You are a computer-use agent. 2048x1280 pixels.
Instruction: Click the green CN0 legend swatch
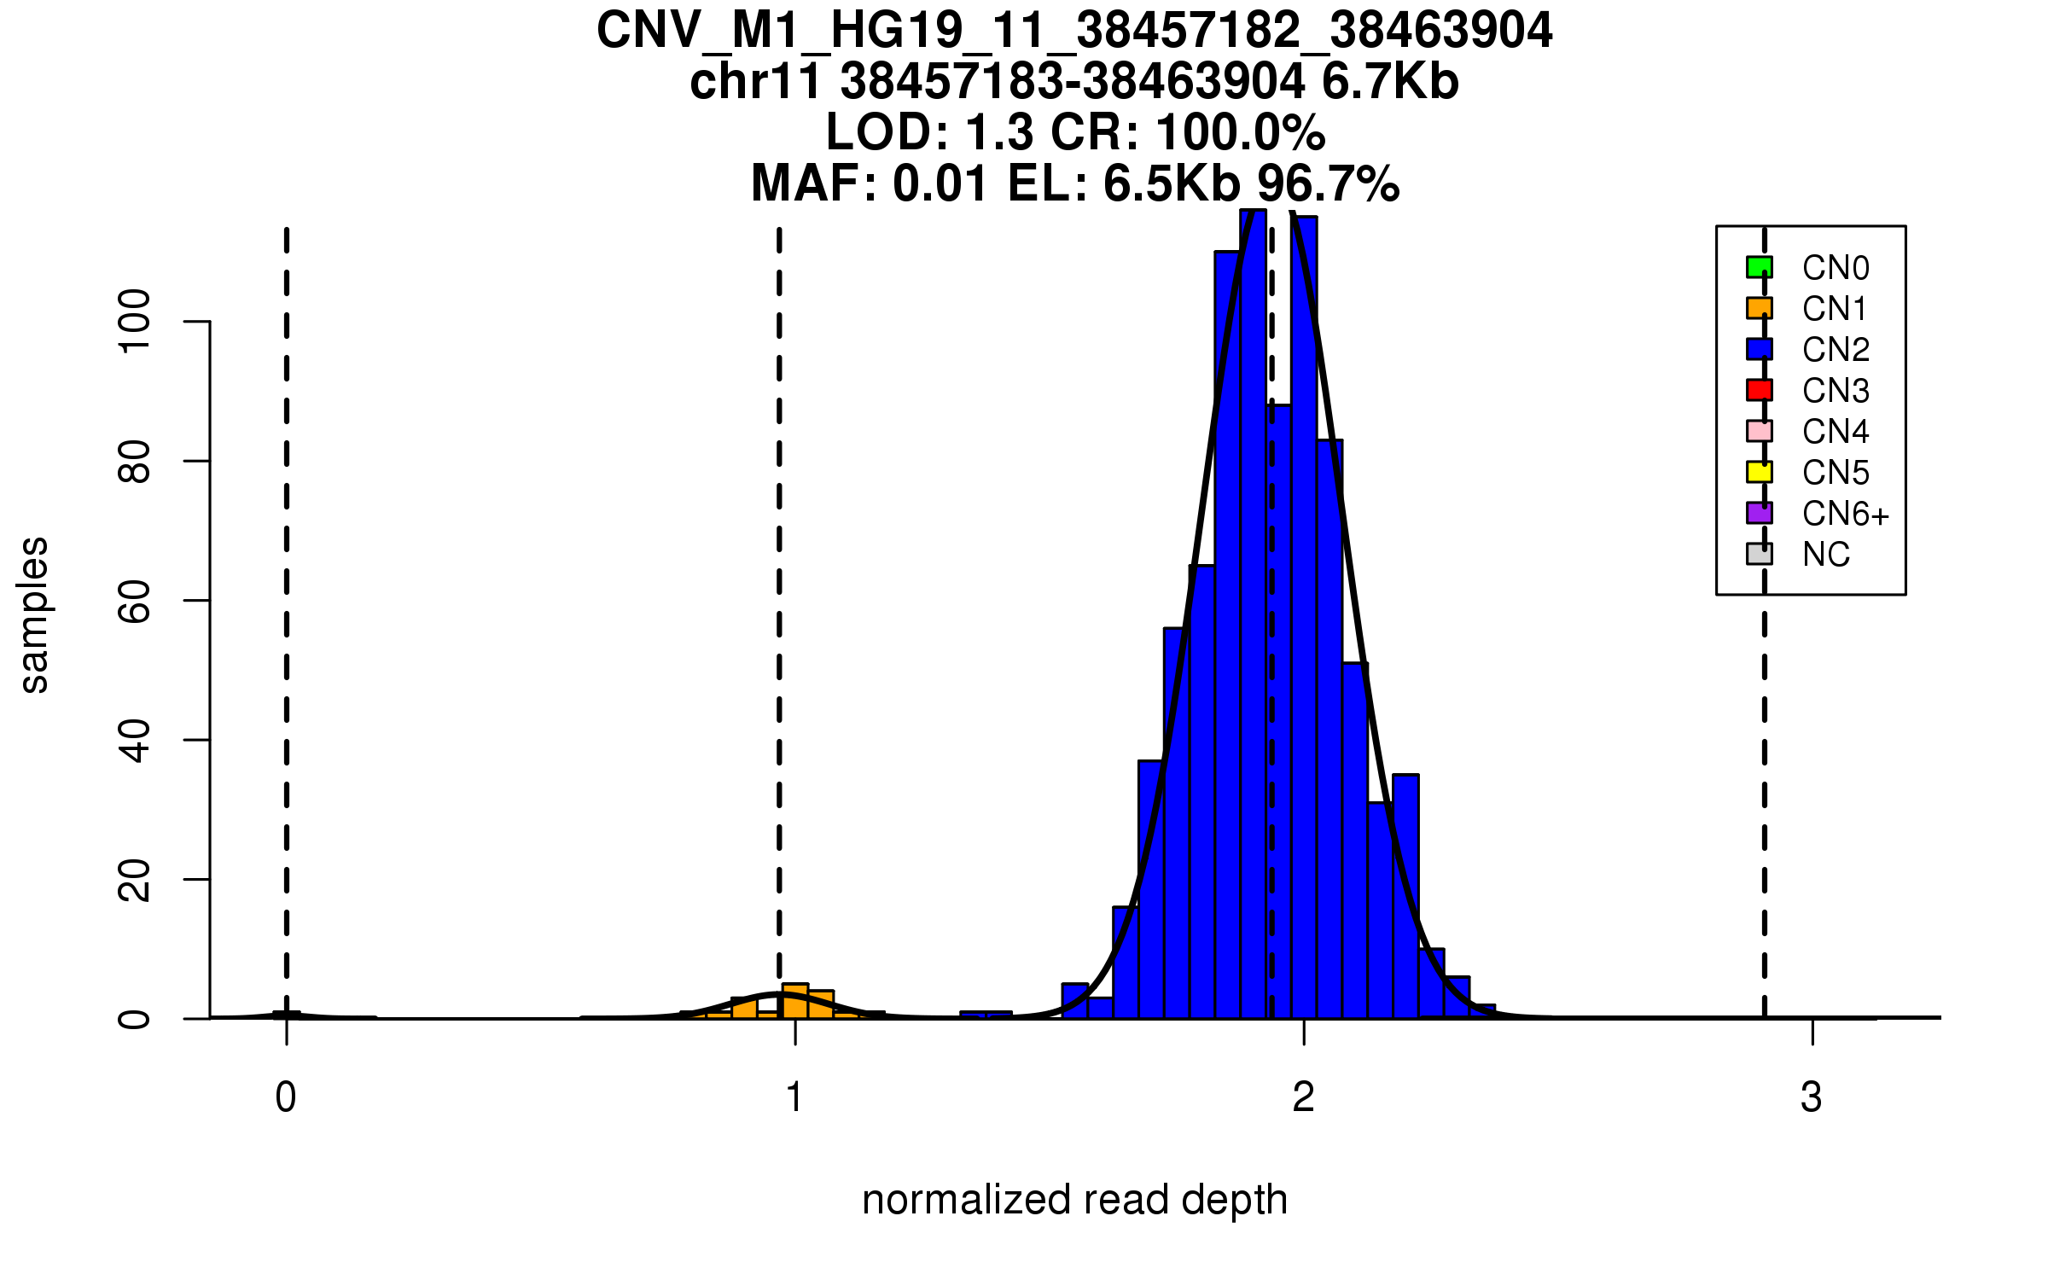tap(1759, 267)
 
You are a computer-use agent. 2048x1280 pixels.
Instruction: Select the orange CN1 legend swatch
tap(1759, 308)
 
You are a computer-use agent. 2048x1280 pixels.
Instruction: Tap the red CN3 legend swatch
tap(1759, 390)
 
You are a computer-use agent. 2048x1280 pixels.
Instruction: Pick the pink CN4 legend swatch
tap(1759, 431)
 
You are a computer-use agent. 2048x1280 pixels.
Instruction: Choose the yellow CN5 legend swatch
tap(1759, 472)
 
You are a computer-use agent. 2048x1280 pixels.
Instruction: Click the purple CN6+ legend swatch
tap(1759, 513)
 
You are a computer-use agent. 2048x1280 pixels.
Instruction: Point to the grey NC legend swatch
tap(1759, 554)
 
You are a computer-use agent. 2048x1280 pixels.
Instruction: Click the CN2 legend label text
tap(1836, 350)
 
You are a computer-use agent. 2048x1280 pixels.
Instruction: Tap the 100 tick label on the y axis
tap(135, 322)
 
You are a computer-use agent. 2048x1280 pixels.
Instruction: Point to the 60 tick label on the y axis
tap(135, 601)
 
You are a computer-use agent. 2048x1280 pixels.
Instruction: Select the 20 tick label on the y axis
tap(135, 880)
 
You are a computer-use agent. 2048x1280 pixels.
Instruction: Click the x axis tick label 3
tap(1811, 1097)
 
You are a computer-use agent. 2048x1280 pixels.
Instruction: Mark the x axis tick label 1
tap(794, 1097)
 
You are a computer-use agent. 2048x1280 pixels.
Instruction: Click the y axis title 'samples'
tap(34, 615)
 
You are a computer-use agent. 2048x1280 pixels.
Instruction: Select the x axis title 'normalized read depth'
tap(1074, 1200)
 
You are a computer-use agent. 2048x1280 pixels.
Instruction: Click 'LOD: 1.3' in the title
tap(929, 133)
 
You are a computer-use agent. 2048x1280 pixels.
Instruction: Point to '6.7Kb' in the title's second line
tap(1390, 82)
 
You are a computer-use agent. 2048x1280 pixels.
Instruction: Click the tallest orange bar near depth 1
tap(795, 1001)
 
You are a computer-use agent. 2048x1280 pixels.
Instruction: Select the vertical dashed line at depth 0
tap(287, 597)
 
